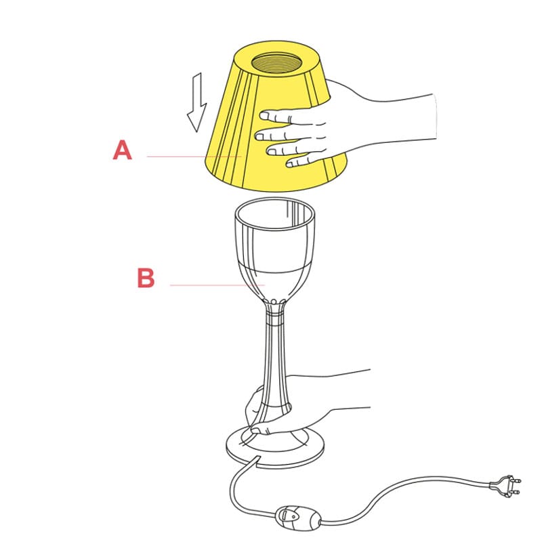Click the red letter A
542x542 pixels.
click(123, 150)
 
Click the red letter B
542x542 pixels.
click(146, 278)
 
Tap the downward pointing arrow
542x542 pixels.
click(197, 103)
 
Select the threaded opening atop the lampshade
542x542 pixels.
click(276, 63)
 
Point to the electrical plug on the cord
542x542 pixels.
click(505, 485)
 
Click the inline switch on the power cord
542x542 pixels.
click(298, 518)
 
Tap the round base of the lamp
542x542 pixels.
click(275, 449)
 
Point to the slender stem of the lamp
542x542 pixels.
click(275, 356)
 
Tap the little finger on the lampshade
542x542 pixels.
click(300, 162)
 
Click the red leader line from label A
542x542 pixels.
click(194, 157)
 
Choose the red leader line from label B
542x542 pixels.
click(217, 285)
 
